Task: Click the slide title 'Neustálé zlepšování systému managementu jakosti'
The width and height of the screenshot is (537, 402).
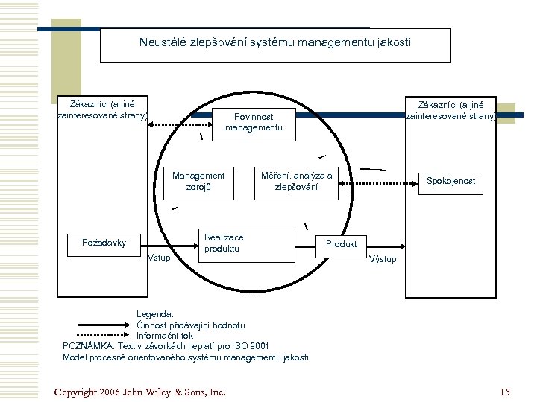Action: (274, 43)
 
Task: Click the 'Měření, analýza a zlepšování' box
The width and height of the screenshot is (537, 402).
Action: (296, 182)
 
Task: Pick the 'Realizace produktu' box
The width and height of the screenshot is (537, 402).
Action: (223, 243)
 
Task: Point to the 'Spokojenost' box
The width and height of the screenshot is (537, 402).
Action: (450, 181)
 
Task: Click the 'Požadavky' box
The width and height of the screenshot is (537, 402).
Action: (104, 242)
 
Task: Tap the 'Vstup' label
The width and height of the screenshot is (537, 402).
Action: (159, 258)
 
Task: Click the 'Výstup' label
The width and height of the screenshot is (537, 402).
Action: (383, 259)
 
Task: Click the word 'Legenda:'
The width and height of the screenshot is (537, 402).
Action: (154, 314)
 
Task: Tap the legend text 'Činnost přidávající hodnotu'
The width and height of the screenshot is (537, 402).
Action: (190, 325)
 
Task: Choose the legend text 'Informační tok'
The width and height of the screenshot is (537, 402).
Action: (164, 336)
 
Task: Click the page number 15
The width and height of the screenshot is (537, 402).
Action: (505, 392)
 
